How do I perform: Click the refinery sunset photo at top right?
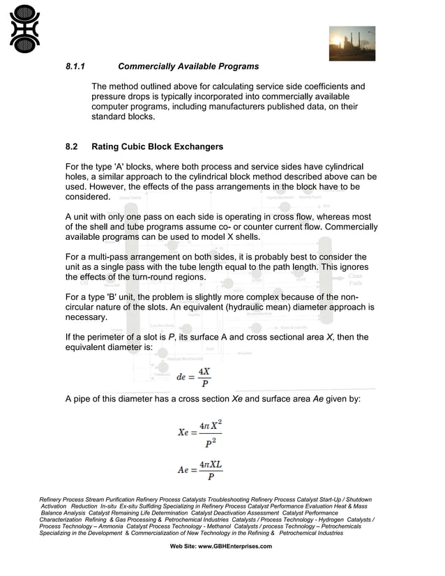tap(352, 43)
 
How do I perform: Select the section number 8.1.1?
tap(75, 67)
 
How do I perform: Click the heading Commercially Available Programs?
tap(188, 67)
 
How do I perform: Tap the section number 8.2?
tap(72, 147)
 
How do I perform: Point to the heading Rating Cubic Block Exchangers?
tap(157, 147)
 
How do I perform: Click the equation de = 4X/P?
tap(193, 377)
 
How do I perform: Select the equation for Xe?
tap(199, 433)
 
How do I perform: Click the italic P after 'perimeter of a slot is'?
tap(172, 338)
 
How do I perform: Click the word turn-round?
tap(142, 277)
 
